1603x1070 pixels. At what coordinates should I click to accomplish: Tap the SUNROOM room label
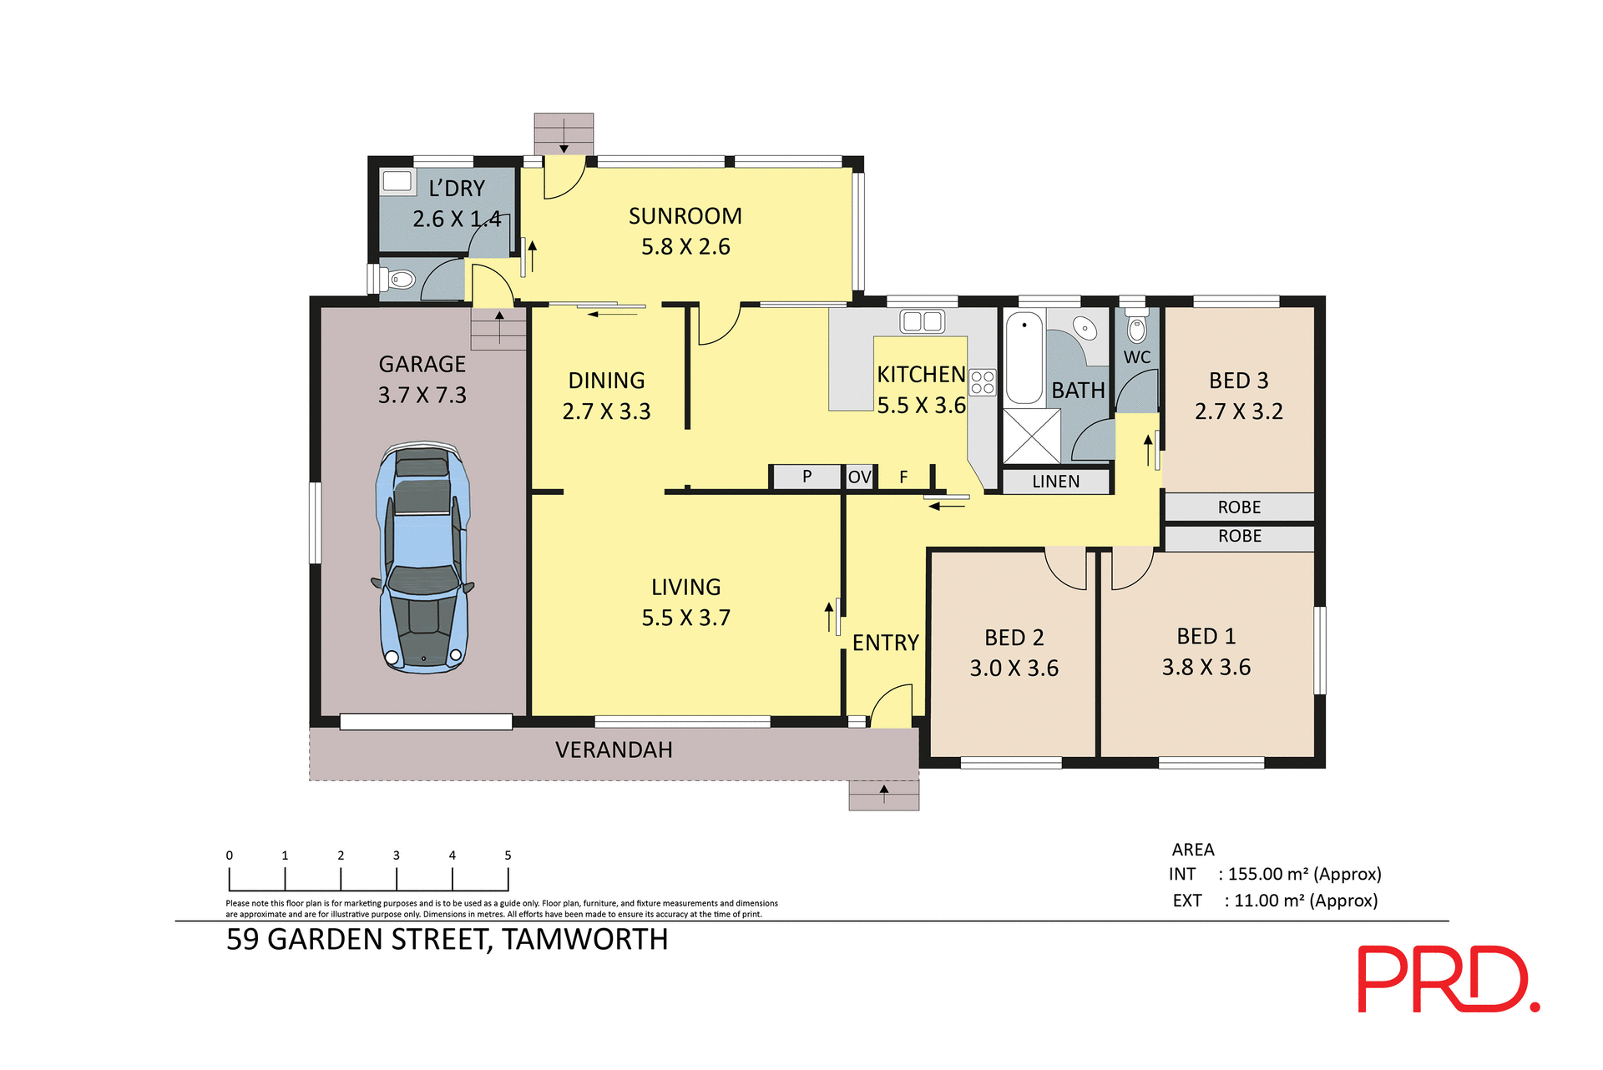685,216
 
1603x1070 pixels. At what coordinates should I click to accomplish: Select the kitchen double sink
922,321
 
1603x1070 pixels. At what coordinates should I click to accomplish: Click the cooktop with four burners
983,382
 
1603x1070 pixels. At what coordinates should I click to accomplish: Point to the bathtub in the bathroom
1024,357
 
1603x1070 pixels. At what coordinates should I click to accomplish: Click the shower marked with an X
1031,436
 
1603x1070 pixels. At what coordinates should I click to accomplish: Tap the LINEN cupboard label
1055,482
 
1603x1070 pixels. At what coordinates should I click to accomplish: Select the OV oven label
859,477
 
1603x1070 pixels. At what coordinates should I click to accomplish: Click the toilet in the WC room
1136,328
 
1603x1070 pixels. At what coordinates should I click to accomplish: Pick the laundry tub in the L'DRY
397,181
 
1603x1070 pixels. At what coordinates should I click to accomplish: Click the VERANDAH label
614,750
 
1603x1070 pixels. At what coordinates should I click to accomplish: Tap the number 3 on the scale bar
397,855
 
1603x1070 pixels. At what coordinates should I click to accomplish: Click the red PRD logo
1448,979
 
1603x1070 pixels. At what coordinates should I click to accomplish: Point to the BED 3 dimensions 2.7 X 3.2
1238,411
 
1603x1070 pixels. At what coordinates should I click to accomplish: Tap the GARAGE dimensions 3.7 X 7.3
422,395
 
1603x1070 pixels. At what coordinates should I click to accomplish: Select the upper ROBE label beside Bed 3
1239,507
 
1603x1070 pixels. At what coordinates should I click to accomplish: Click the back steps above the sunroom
564,134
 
